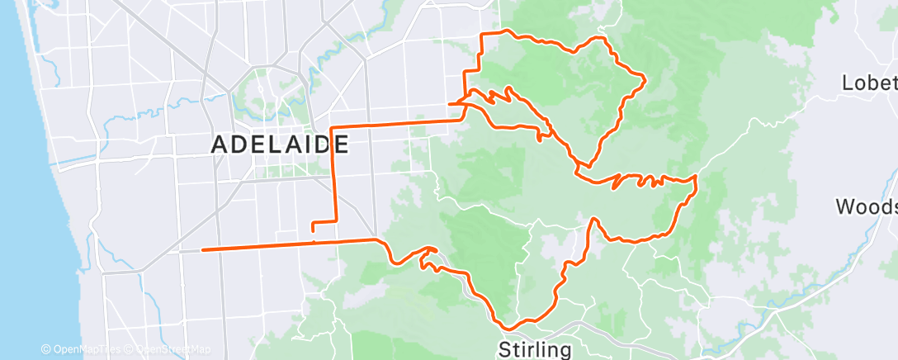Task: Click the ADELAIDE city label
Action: pos(280,144)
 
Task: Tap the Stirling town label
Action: pos(535,349)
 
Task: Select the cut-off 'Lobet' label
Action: pos(868,83)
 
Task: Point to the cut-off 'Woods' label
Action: pos(866,206)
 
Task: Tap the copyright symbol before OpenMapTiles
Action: pos(45,350)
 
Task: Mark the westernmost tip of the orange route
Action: pos(202,249)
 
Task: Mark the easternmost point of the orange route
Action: pos(697,177)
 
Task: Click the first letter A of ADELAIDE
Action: pos(220,144)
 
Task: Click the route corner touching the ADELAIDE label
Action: pos(332,129)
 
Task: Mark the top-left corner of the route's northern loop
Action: pos(483,34)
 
